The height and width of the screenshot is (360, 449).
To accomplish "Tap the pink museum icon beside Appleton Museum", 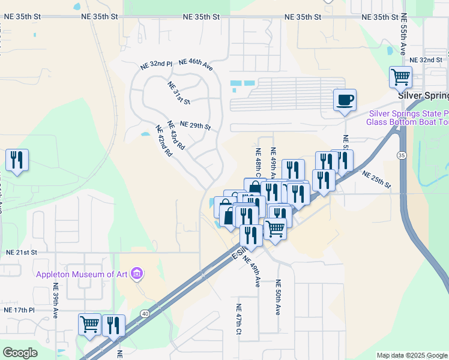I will pyautogui.click(x=137, y=275).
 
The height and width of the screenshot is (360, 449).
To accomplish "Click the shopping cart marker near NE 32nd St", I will pyautogui.click(x=400, y=77).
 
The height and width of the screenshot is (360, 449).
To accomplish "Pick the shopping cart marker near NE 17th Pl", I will pyautogui.click(x=89, y=325).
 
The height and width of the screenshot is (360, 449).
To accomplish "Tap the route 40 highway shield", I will pyautogui.click(x=145, y=313).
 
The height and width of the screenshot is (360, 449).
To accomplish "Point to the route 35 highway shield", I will pyautogui.click(x=400, y=155).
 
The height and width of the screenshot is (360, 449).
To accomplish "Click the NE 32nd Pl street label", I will pyautogui.click(x=156, y=63).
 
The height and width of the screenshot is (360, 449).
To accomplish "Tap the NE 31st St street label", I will pyautogui.click(x=178, y=93).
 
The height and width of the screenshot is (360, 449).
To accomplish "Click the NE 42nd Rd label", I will pyautogui.click(x=164, y=140).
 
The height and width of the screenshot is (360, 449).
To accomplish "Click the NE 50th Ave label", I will pyautogui.click(x=278, y=297).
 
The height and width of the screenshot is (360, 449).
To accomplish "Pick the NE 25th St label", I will pyautogui.click(x=376, y=179).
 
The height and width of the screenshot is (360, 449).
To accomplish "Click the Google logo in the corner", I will pyautogui.click(x=20, y=352).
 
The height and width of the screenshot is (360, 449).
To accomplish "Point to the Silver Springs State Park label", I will pyautogui.click(x=408, y=113).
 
